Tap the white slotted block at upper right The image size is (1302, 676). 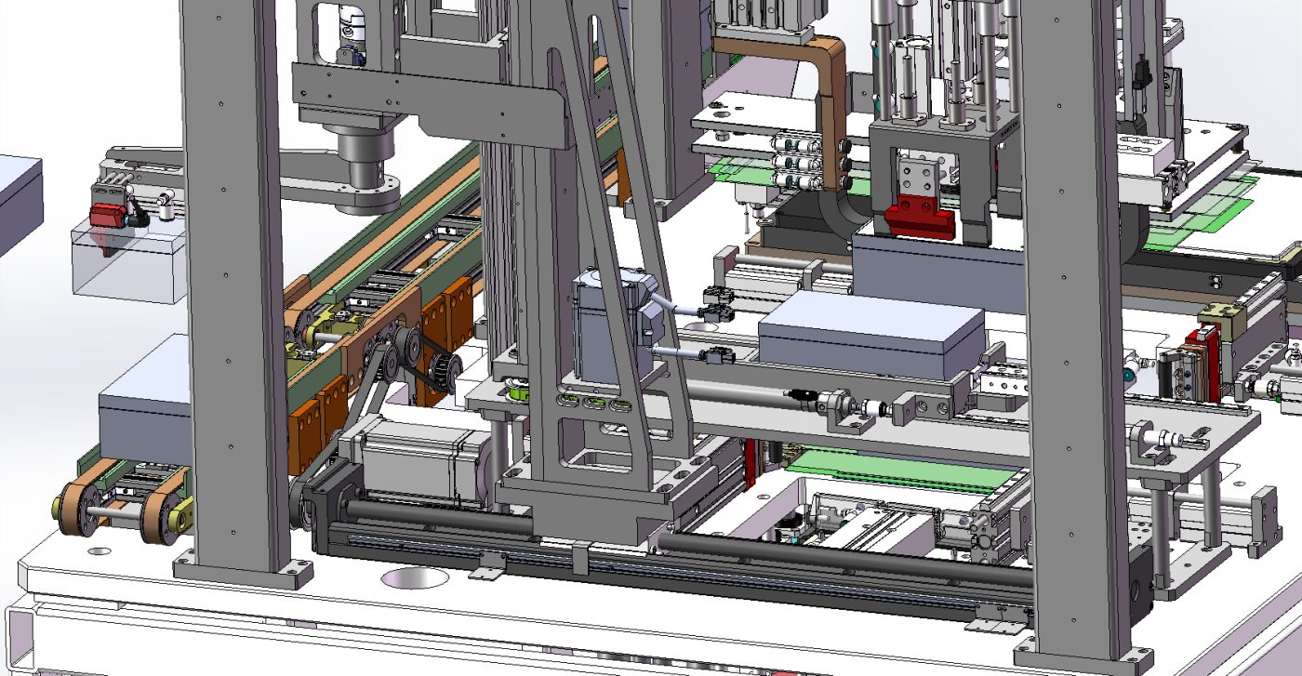pyautogui.click(x=1144, y=149)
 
